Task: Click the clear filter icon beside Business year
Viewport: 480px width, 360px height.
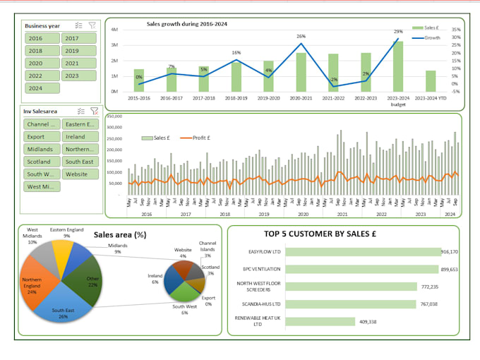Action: (92, 25)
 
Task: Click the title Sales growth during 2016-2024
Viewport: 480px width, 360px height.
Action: (187, 24)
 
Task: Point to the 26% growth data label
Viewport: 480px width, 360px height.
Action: (301, 36)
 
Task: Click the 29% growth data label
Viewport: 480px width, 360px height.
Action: (398, 32)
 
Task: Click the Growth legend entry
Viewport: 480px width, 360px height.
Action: (432, 38)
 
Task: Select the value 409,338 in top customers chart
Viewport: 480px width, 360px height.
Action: (365, 322)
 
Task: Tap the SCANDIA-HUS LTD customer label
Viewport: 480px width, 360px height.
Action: (262, 304)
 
